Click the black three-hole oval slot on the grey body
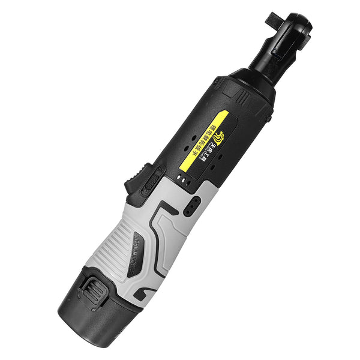191,208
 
